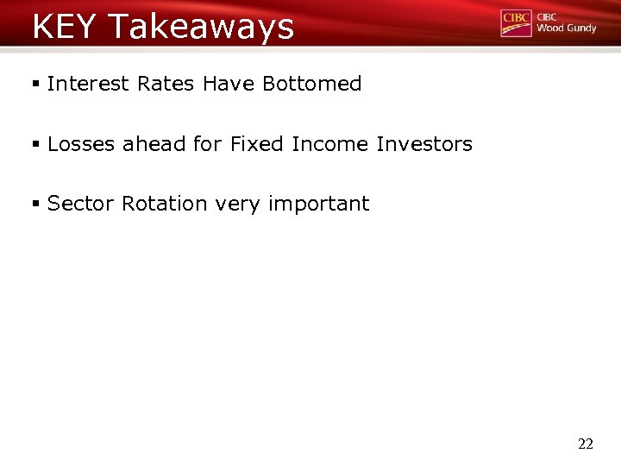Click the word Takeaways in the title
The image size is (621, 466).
(201, 28)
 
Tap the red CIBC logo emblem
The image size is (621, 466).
(516, 23)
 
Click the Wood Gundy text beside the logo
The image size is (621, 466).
(566, 28)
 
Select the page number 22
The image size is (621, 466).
(585, 444)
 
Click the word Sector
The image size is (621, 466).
(81, 204)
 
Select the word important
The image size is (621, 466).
(318, 205)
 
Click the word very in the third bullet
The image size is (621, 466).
(238, 205)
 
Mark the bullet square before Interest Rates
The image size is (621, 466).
(36, 85)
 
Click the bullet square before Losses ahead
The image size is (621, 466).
(36, 145)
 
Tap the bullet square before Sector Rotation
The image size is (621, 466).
(36, 205)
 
